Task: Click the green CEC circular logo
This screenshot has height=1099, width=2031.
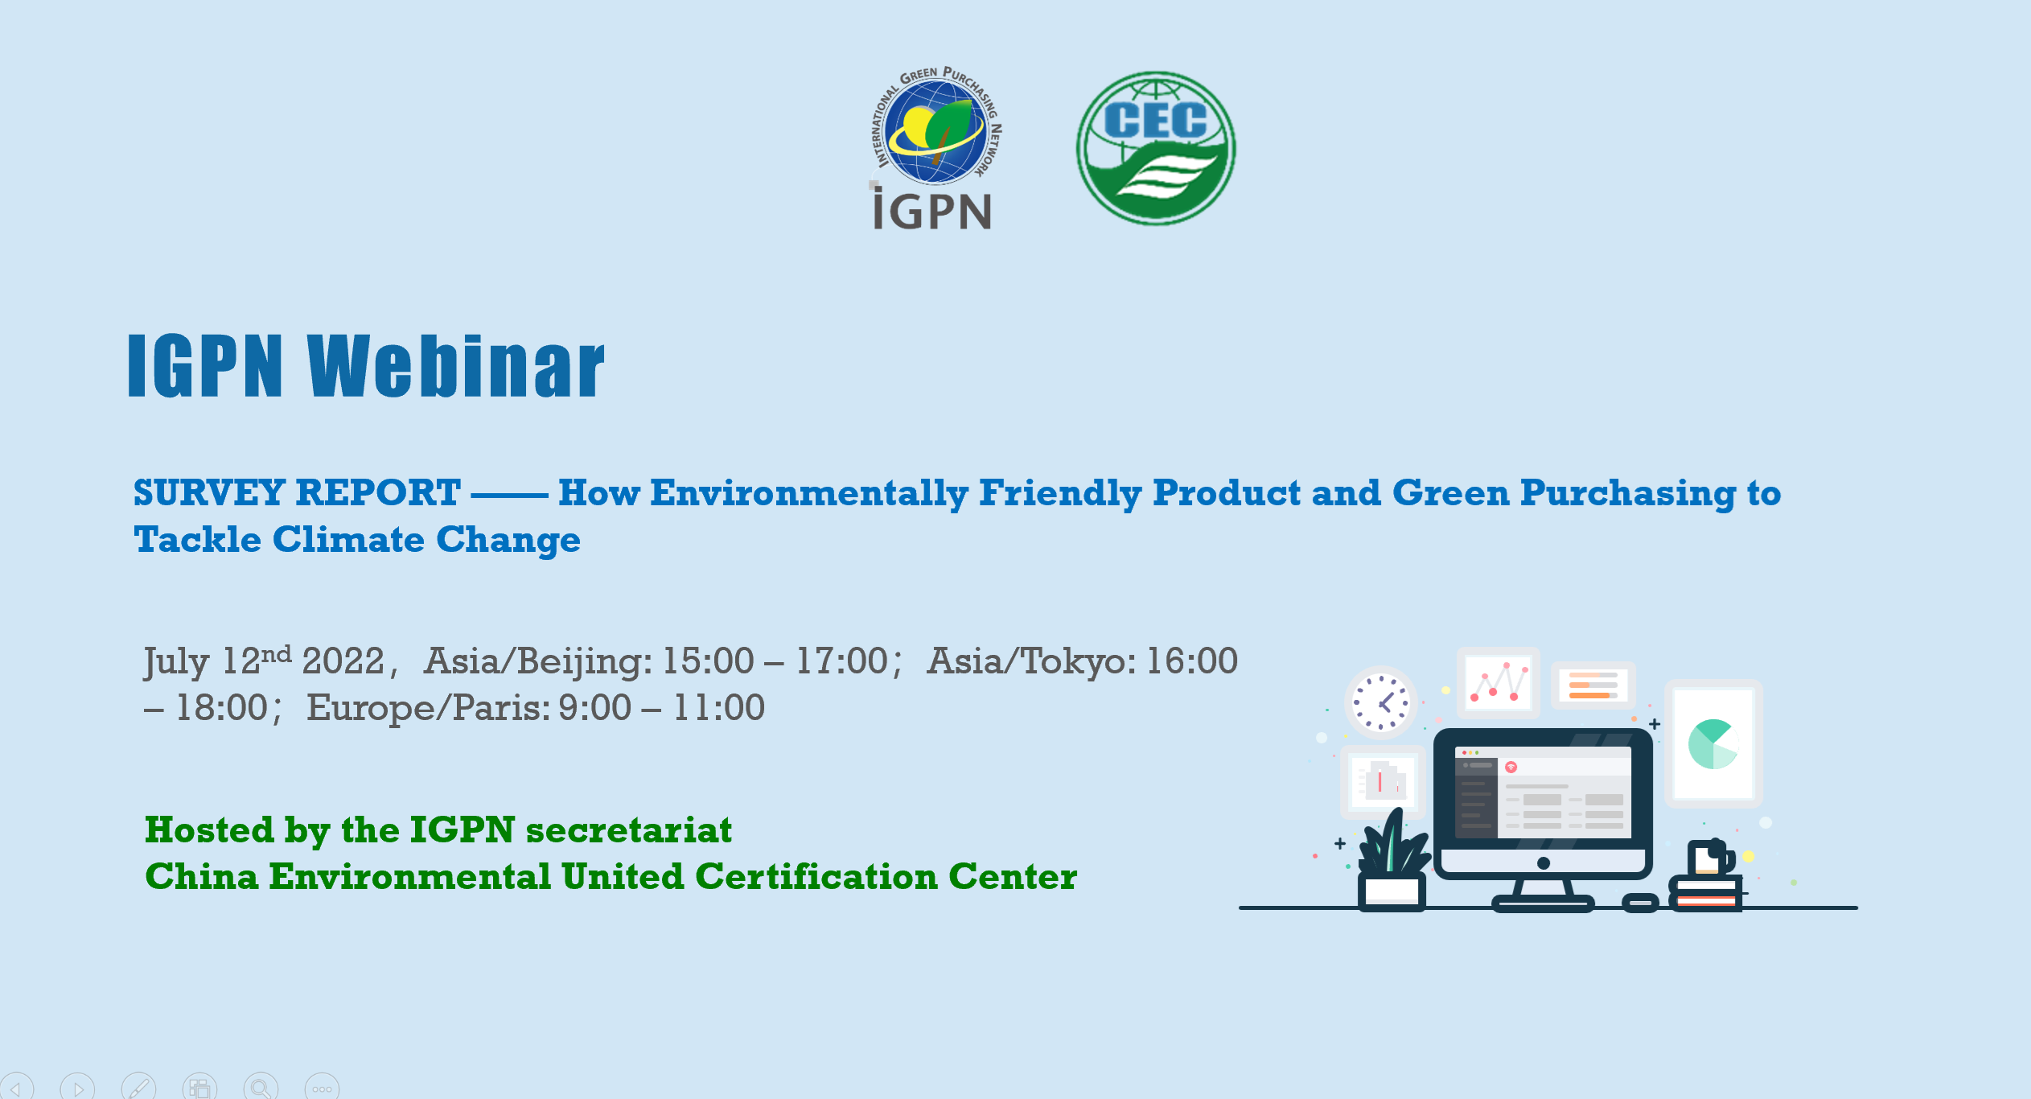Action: pos(1156,148)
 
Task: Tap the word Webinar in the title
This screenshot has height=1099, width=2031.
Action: pos(455,366)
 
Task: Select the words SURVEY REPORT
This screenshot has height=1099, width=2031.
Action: pos(297,492)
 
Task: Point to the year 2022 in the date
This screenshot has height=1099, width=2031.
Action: pos(343,661)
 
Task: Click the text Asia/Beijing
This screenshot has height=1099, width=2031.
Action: pos(538,662)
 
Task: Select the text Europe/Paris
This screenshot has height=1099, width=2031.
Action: pos(428,709)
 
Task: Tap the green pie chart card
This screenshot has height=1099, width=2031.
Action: pos(1713,743)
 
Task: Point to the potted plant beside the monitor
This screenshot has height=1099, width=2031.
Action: pos(1392,860)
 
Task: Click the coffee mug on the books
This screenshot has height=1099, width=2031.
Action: pos(1711,858)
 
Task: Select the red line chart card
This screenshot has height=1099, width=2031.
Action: pos(1498,683)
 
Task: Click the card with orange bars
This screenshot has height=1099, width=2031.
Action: pos(1593,685)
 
